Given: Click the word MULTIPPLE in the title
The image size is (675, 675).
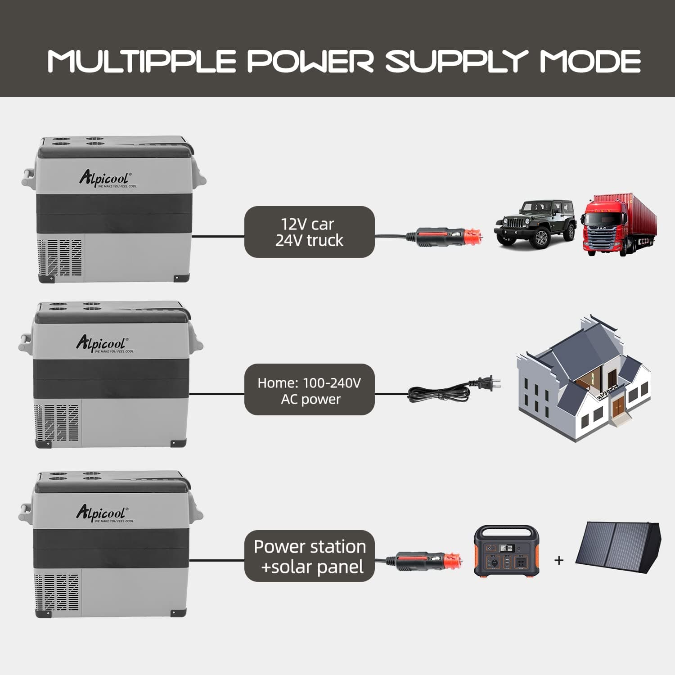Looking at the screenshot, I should (142, 61).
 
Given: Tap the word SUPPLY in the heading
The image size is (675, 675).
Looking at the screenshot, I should (456, 61).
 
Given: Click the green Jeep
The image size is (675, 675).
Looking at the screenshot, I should (535, 222).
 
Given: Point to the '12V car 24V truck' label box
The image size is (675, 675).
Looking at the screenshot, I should (309, 232).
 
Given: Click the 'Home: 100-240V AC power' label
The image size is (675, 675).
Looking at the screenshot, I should (309, 390).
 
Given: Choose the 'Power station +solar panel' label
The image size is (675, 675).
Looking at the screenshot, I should (309, 556).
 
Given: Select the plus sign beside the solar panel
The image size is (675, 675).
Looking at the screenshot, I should (559, 560).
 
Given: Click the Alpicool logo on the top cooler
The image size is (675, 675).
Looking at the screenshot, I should (106, 178).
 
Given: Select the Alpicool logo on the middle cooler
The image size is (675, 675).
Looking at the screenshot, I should (103, 343).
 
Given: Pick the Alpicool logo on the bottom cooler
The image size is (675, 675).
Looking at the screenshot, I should (103, 513).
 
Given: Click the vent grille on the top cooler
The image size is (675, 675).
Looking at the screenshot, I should (60, 257).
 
